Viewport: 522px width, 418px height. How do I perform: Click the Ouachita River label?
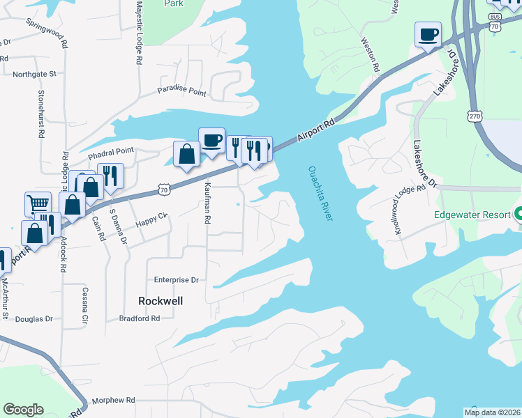[320, 194]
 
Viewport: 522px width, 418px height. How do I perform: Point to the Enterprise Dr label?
[177, 279]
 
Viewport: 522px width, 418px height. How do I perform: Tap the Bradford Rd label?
[140, 318]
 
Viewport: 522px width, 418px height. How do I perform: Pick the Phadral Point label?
[110, 151]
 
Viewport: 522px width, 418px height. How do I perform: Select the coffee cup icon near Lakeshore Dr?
[428, 34]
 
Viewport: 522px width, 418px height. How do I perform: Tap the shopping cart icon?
[38, 204]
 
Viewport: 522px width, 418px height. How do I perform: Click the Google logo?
[23, 410]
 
